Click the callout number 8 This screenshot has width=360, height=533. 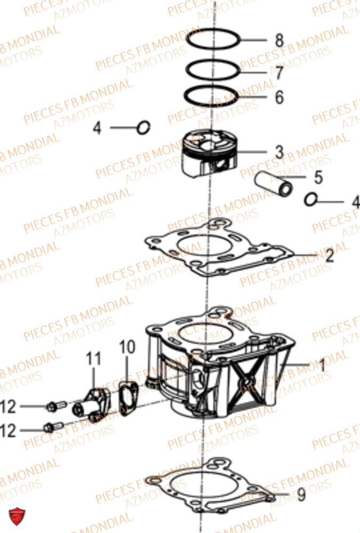[279, 40]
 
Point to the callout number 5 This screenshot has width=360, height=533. [318, 175]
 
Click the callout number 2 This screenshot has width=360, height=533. [329, 256]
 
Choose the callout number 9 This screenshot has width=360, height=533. [301, 496]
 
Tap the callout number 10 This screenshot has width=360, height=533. [124, 347]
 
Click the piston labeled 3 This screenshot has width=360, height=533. [210, 154]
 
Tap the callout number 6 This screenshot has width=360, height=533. [279, 98]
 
